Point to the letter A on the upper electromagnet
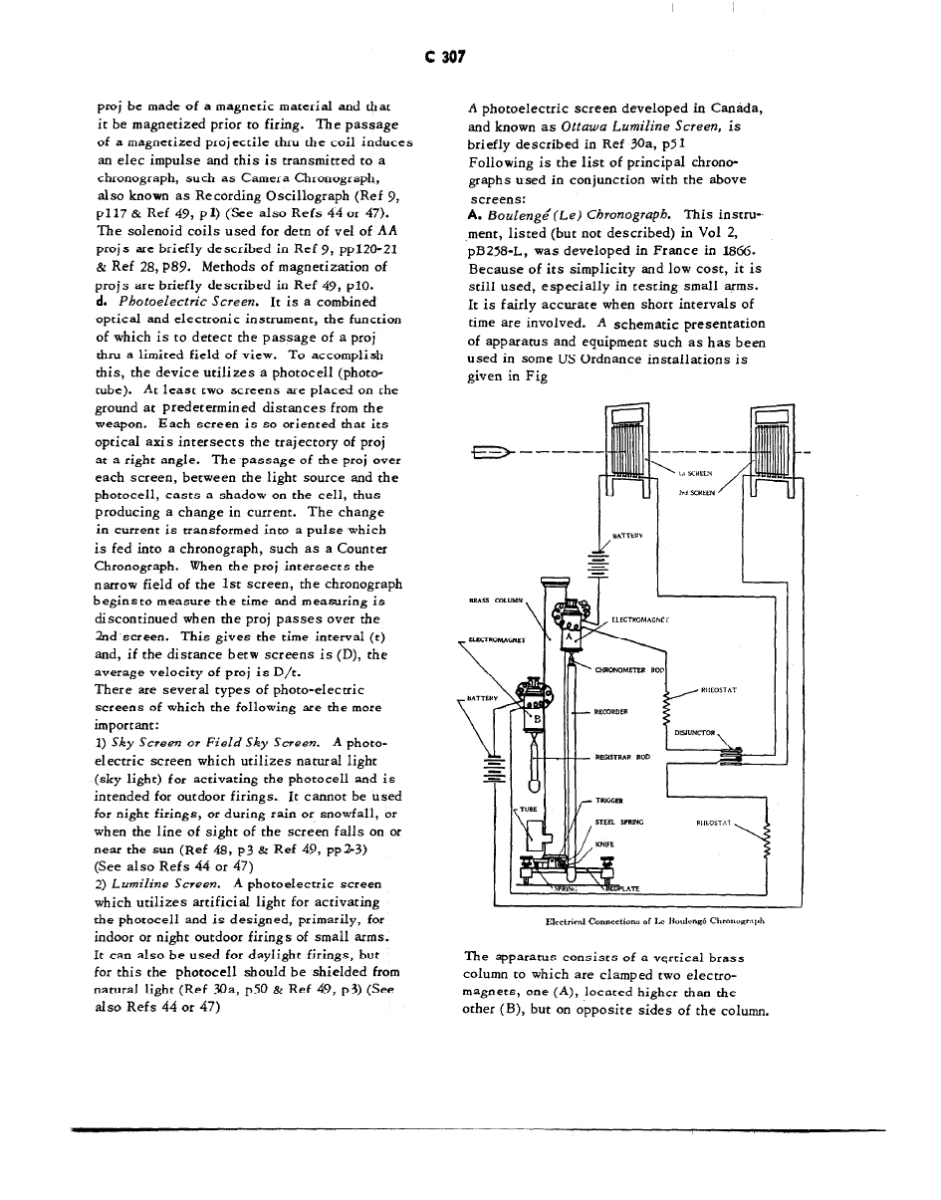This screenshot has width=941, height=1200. point(569,635)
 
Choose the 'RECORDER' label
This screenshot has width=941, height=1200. point(609,712)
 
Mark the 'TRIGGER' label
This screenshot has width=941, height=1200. point(609,801)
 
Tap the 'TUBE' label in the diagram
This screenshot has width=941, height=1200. point(528,810)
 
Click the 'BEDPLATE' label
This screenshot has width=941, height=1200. point(619,888)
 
